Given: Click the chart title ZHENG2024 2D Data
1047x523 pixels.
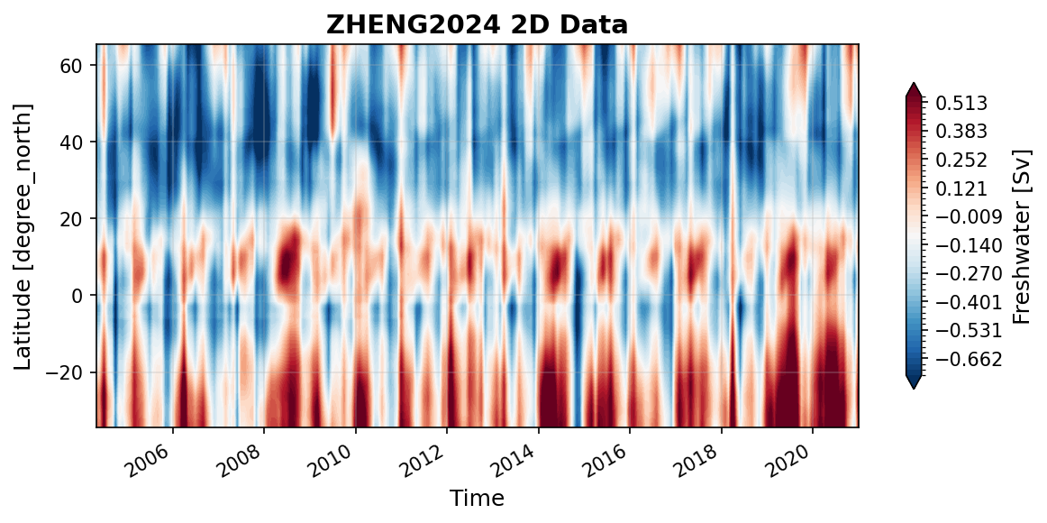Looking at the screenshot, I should [477, 25].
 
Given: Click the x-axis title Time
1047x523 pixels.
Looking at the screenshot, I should [477, 498].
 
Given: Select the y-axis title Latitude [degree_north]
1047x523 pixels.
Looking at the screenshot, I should [23, 235].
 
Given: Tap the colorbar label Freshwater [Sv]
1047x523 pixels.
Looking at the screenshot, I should [1021, 235].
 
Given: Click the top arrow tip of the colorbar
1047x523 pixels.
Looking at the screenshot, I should [914, 84].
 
